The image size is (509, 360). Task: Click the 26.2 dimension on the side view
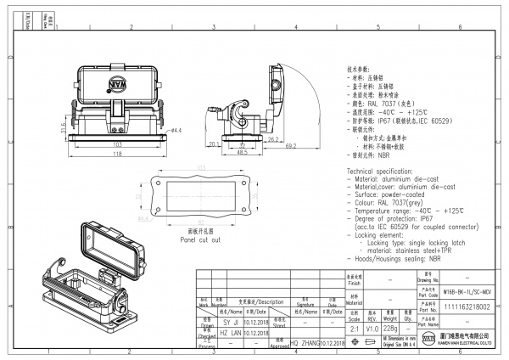click(273, 138)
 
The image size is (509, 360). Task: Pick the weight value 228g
click(389, 329)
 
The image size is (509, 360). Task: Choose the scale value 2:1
click(352, 329)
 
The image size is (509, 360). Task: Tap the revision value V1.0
click(371, 329)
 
